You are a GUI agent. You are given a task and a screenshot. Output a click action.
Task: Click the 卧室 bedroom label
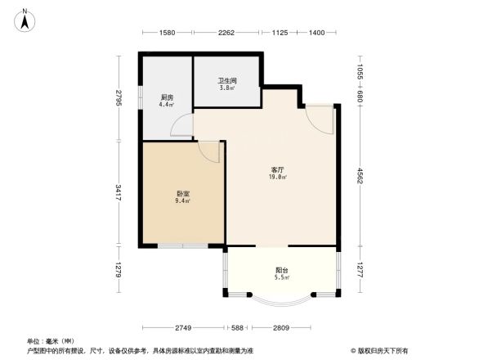tap(183, 196)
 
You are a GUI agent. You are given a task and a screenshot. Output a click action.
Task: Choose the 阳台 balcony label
tap(281, 273)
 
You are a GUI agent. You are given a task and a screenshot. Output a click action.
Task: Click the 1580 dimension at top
tap(167, 33)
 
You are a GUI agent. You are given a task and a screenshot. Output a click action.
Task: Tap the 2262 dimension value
tap(226, 33)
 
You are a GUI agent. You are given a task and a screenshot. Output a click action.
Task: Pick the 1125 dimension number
tap(280, 33)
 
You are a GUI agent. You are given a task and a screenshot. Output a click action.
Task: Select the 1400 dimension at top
tap(317, 33)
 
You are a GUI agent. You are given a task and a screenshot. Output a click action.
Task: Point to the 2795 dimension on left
tap(119, 98)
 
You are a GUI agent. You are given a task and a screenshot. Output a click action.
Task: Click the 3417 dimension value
tap(119, 193)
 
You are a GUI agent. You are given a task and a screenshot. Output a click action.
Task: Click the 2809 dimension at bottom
tap(281, 328)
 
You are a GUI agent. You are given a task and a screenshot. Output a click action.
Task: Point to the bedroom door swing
tap(210, 151)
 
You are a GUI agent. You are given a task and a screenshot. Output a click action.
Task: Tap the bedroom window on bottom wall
tap(182, 245)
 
